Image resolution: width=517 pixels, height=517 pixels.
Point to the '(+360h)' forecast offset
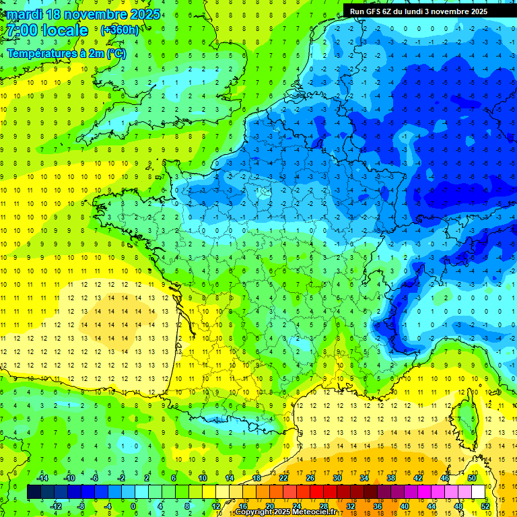pyautogui.click(x=120, y=30)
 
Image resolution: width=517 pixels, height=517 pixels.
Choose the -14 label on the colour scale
pyautogui.click(x=42, y=477)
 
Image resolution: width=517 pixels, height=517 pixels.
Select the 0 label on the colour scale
pyautogui.click(x=133, y=506)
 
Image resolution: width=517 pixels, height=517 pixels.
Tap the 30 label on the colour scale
pyautogui.click(x=337, y=477)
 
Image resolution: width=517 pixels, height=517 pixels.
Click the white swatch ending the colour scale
pyautogui.click(x=478, y=491)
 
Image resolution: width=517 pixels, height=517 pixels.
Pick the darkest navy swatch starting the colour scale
pyautogui.click(x=34, y=491)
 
